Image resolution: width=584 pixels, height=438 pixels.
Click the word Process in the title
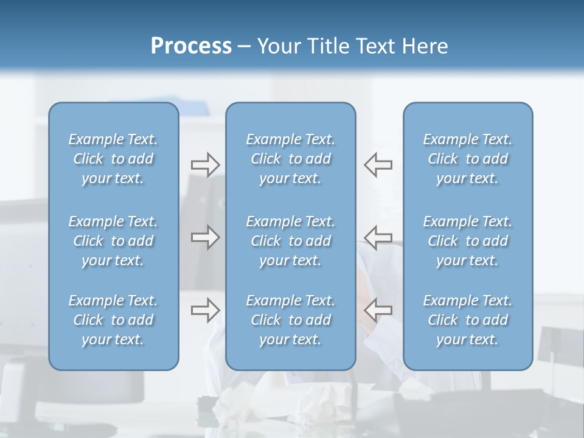point(191,46)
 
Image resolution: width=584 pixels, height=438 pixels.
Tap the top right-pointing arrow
point(205,164)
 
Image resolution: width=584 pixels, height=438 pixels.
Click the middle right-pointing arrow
point(205,237)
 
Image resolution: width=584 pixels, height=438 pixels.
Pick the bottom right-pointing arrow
point(205,310)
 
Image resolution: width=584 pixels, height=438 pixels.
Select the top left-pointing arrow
point(378,164)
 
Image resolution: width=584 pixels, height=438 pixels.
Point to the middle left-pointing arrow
point(378,237)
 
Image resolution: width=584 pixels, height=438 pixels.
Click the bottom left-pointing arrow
point(378,310)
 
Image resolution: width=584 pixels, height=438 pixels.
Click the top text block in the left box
point(113,159)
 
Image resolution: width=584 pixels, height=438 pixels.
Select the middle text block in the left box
point(113,241)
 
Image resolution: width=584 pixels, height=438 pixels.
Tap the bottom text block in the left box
point(113,320)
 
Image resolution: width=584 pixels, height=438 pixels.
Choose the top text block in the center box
point(290,159)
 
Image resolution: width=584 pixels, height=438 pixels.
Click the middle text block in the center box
point(290,241)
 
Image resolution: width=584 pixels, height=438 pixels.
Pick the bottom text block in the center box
point(290,320)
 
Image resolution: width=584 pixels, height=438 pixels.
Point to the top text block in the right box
point(467,159)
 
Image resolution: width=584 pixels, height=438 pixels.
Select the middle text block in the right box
point(467,241)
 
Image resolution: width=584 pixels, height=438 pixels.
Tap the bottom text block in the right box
point(467,320)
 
